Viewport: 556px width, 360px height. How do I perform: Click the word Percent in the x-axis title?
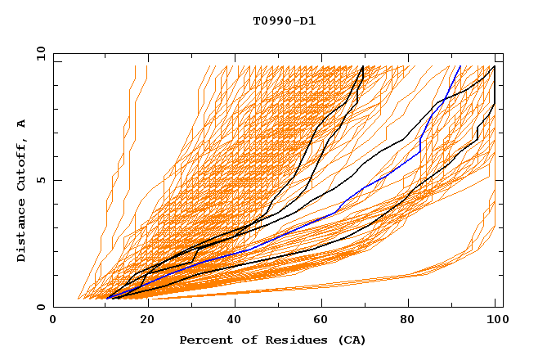click(203, 340)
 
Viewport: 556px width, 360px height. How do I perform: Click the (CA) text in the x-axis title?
click(353, 340)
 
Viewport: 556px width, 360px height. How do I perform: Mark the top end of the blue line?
click(460, 66)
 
